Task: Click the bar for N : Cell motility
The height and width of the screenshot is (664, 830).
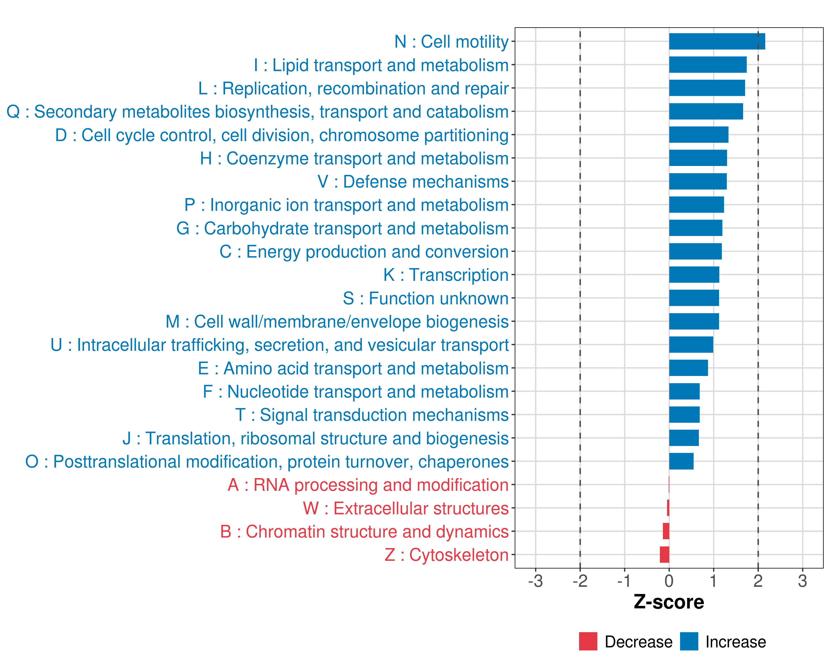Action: [x=717, y=41]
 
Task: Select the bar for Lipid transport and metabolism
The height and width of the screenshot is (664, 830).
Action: [x=708, y=65]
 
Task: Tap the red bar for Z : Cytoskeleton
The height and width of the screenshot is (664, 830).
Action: [x=665, y=555]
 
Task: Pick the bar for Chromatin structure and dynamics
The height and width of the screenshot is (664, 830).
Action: [x=666, y=531]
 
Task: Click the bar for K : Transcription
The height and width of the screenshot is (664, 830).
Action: [x=694, y=274]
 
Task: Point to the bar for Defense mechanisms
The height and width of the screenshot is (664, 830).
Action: [x=697, y=181]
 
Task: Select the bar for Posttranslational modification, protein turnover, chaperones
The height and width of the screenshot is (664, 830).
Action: [x=681, y=461]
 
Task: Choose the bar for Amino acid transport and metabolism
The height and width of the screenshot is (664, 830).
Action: [x=688, y=368]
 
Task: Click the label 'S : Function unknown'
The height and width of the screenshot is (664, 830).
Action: [x=426, y=298]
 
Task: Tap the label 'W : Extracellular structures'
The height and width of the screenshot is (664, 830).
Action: [x=405, y=508]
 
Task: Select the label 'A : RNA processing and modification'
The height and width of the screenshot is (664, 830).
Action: [x=368, y=485]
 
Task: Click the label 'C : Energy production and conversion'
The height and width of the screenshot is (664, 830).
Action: [x=364, y=252]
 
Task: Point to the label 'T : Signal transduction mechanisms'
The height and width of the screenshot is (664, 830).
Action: [x=372, y=415]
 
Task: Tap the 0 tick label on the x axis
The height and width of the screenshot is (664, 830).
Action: [x=669, y=581]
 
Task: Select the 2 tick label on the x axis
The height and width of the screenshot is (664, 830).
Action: [x=758, y=581]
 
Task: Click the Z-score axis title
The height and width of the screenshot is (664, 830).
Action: [x=669, y=602]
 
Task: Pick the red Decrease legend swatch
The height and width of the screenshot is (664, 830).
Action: [x=588, y=641]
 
